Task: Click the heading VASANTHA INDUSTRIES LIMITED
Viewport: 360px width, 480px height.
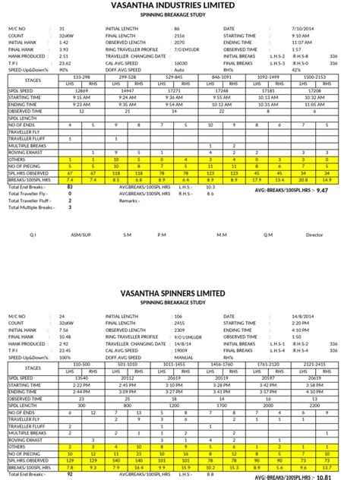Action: point(179,6)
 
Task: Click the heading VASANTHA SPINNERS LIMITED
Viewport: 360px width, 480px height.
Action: point(179,292)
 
